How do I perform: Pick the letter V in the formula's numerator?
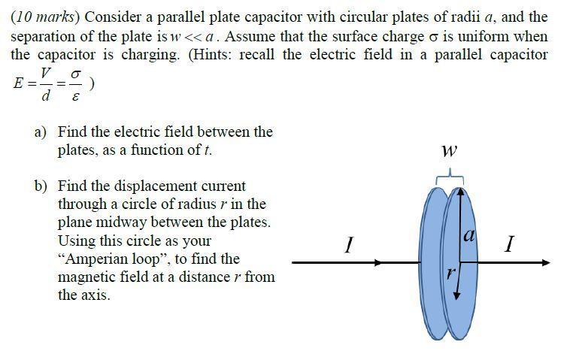[x=47, y=73]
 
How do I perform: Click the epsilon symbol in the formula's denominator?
[x=75, y=96]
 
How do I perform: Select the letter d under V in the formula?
[x=47, y=96]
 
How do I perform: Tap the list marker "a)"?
[x=41, y=132]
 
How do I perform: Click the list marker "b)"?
[x=41, y=186]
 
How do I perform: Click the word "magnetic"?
[x=87, y=277]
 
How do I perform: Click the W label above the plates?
[x=449, y=151]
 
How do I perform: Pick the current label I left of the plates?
[x=348, y=245]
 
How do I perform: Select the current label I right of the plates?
[x=511, y=245]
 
